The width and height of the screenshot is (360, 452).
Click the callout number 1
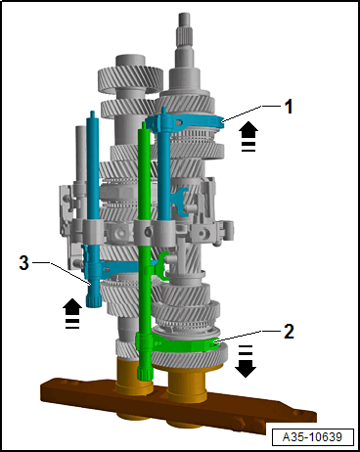tap(289, 107)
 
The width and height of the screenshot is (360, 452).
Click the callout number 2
tap(289, 332)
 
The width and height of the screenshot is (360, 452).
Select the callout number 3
tap(23, 262)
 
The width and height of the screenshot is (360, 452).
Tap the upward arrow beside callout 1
tap(248, 136)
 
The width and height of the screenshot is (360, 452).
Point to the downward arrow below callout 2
tap(246, 360)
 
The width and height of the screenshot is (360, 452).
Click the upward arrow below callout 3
tap(72, 313)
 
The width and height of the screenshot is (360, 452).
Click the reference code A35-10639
tap(312, 436)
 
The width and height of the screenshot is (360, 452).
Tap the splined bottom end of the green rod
tap(144, 373)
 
